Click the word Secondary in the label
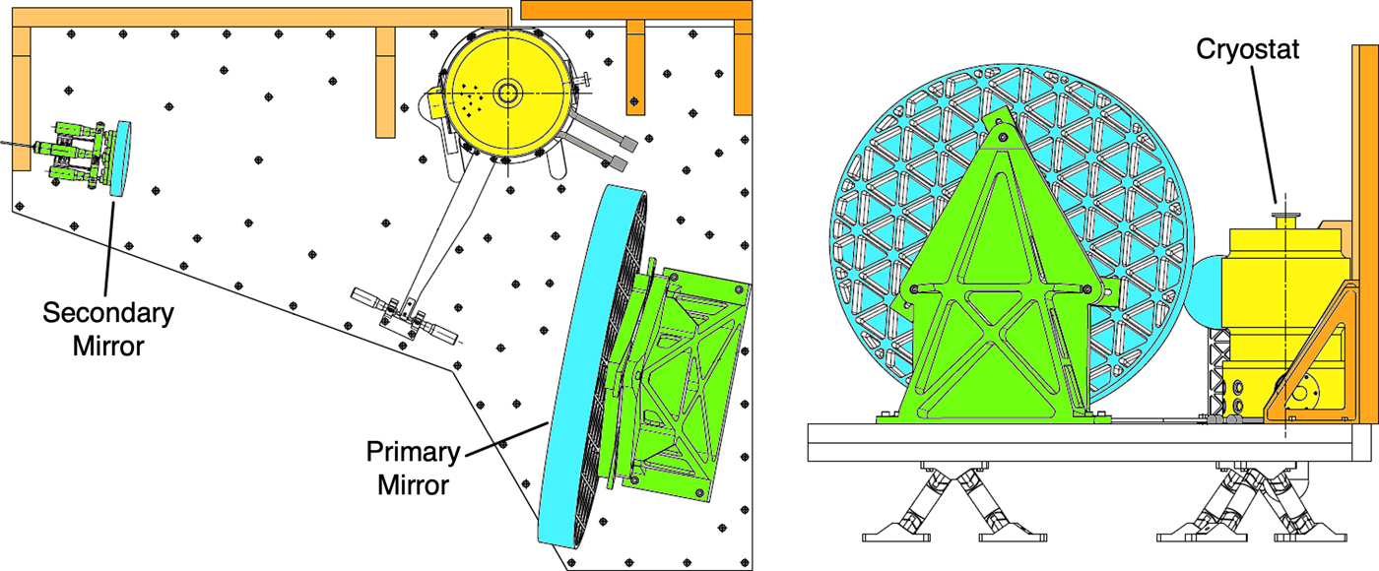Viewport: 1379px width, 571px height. coord(108,313)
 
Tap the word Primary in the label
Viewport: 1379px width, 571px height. coord(413,452)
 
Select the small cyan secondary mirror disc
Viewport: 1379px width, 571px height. coord(120,159)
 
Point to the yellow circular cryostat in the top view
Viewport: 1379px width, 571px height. coord(508,94)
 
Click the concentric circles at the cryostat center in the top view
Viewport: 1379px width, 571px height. coord(508,94)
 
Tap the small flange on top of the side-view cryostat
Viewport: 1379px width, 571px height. coord(1285,221)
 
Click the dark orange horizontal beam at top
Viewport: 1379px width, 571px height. coord(636,10)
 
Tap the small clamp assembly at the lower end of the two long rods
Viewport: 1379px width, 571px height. coord(405,317)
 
